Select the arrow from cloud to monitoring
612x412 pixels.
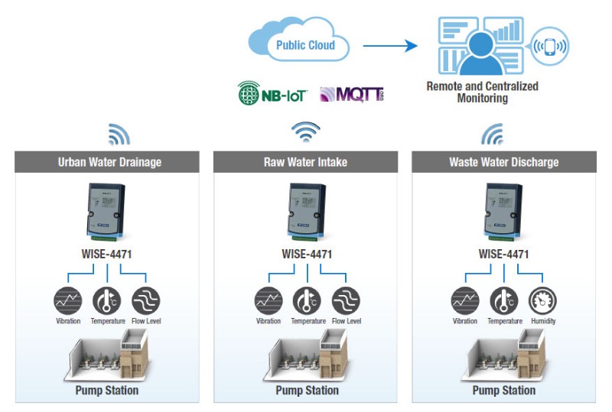390,46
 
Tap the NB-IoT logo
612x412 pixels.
272,95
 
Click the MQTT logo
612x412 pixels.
352,95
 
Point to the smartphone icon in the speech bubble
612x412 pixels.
549,46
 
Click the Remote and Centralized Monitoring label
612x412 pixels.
482,92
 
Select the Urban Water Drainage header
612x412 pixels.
107,162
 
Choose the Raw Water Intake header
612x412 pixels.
306,162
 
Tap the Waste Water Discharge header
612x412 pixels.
503,162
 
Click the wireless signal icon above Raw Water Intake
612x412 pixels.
306,133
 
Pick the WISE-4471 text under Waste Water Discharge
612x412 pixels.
503,253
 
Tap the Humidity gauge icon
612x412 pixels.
542,300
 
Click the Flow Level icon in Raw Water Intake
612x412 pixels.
346,300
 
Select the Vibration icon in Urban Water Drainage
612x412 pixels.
68,300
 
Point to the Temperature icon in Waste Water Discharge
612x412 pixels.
504,300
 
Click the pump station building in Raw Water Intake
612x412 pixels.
306,355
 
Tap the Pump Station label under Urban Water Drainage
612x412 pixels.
107,391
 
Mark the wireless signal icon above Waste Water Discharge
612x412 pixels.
492,135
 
